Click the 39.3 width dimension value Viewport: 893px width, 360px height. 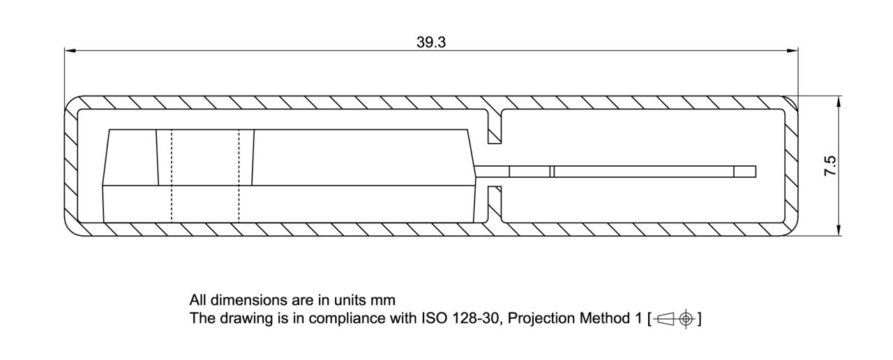point(431,42)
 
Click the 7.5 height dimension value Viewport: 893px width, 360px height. point(830,166)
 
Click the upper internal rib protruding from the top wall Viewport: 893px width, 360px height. point(495,126)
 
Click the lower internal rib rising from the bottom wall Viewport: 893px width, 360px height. point(495,204)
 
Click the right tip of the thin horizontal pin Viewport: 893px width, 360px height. point(754,171)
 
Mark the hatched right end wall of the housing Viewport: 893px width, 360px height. point(791,166)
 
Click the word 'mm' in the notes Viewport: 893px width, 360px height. point(384,301)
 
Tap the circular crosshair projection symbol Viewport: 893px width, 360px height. point(686,319)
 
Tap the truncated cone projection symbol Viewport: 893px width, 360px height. point(665,319)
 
